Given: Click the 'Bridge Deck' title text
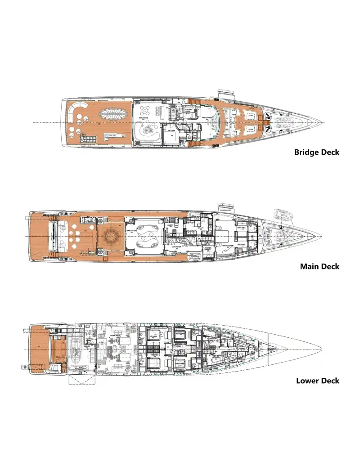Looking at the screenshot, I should pyautogui.click(x=317, y=152).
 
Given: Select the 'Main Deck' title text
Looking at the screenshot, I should pyautogui.click(x=319, y=266).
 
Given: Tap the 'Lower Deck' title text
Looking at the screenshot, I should pyautogui.click(x=318, y=381).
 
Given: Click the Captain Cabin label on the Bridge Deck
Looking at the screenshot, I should pyautogui.click(x=189, y=110).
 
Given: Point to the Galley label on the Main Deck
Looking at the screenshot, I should pyautogui.click(x=201, y=228).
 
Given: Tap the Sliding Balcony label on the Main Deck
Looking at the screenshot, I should pyautogui.click(x=225, y=210).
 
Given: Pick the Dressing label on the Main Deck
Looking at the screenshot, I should pyautogui.click(x=240, y=245).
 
